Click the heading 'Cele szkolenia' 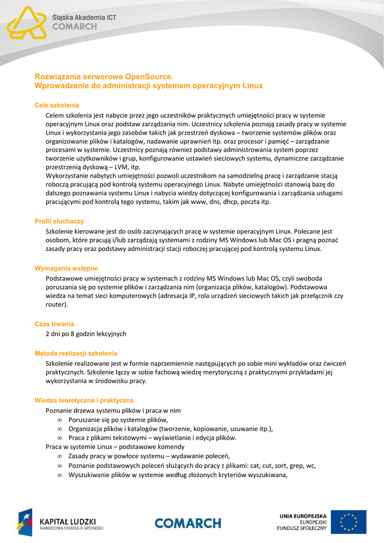click(x=57, y=105)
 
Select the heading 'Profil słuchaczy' click(x=59, y=221)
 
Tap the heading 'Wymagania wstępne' click(x=66, y=268)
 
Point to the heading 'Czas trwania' click(x=54, y=323)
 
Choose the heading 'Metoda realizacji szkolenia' click(x=76, y=353)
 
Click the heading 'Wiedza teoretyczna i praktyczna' click(x=84, y=400)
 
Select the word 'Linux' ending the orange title click(x=252, y=85)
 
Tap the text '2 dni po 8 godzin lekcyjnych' click(x=86, y=334)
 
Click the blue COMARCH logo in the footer click(x=188, y=523)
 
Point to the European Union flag click(x=348, y=522)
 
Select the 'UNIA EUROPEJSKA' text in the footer click(x=303, y=515)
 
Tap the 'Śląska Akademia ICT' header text click(x=84, y=17)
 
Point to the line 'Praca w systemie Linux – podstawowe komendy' click(x=115, y=447)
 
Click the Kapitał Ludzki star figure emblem click(x=25, y=522)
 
